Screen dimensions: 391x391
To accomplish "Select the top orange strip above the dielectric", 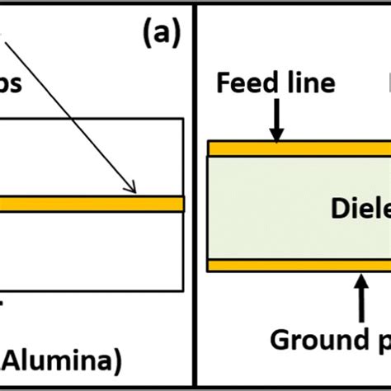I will click(297, 148).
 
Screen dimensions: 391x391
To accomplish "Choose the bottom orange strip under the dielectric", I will click(297, 266).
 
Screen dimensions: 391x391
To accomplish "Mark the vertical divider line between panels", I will click(195, 195).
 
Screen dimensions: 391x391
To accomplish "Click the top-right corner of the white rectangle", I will click(182, 119).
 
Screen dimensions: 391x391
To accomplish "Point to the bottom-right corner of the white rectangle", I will click(182, 291).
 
